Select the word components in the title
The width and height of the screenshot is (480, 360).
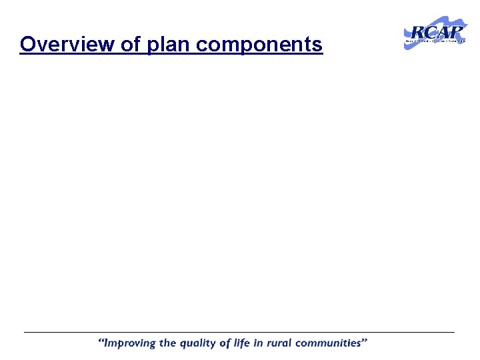tap(259, 45)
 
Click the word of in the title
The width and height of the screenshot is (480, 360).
tap(126, 45)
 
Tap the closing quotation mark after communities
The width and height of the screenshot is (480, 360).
tap(365, 341)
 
